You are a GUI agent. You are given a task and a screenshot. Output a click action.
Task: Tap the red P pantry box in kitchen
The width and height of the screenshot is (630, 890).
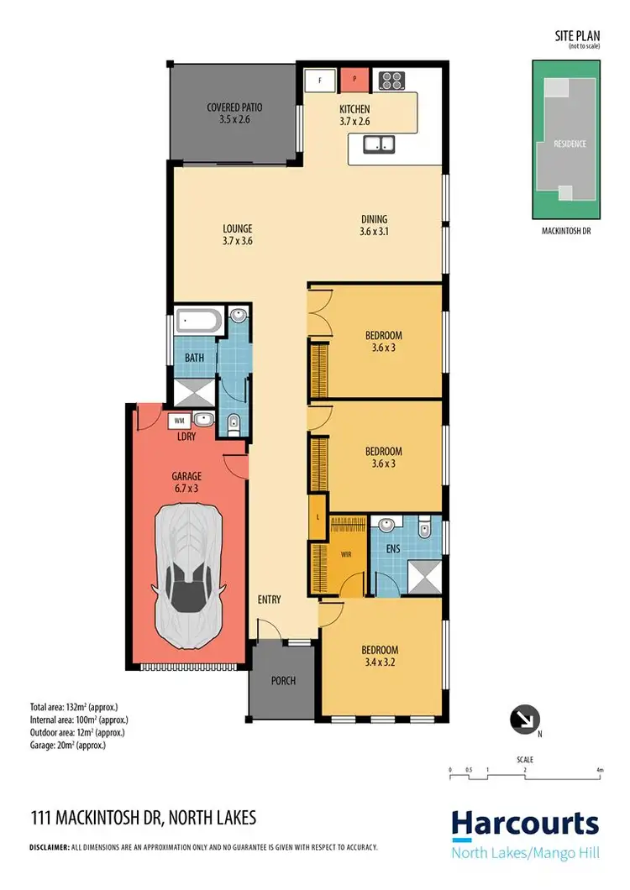[354, 81]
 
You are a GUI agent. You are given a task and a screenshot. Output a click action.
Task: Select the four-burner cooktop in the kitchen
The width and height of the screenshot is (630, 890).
[391, 81]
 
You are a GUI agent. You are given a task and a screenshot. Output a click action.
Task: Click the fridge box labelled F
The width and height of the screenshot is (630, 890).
[319, 81]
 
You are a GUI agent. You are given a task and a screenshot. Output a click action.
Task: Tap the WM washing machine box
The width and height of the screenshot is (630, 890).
[178, 421]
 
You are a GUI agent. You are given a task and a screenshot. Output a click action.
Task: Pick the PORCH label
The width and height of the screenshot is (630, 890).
[283, 681]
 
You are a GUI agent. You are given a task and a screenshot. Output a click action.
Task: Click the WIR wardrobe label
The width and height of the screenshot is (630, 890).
[345, 555]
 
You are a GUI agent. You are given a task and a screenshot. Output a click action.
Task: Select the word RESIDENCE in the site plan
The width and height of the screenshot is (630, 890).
[569, 144]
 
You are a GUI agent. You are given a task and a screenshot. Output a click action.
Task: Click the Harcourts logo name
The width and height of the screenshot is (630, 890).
[525, 824]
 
